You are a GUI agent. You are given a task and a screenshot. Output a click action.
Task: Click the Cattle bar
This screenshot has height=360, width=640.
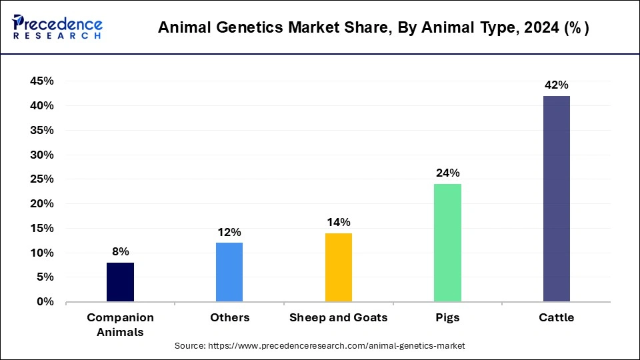[x=556, y=199]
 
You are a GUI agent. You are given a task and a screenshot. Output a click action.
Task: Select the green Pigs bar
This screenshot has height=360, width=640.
[x=447, y=243]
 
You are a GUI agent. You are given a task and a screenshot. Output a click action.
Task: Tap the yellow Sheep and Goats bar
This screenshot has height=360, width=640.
[x=338, y=267]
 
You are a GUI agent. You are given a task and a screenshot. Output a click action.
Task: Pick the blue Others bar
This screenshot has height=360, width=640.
[x=229, y=272]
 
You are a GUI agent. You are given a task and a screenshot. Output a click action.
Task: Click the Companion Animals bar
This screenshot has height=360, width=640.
[x=120, y=282]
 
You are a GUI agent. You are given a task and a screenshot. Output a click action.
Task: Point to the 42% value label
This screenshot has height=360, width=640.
[x=556, y=85]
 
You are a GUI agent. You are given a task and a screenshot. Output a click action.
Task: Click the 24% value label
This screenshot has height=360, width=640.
[x=447, y=173]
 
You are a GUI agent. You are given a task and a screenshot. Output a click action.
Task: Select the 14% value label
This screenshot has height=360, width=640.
[x=338, y=222]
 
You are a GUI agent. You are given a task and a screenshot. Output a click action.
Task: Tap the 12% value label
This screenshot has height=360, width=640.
[x=229, y=232]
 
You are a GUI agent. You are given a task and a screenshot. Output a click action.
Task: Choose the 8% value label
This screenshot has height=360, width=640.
[x=120, y=251]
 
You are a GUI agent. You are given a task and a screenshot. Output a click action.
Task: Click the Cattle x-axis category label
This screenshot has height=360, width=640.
[x=556, y=318]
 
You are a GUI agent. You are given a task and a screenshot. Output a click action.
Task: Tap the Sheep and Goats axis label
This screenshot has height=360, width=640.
[x=338, y=318]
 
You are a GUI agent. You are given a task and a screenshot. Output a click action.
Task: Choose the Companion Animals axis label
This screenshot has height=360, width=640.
[x=120, y=325]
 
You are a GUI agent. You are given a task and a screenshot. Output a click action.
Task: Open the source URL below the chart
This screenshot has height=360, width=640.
[x=319, y=346]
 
